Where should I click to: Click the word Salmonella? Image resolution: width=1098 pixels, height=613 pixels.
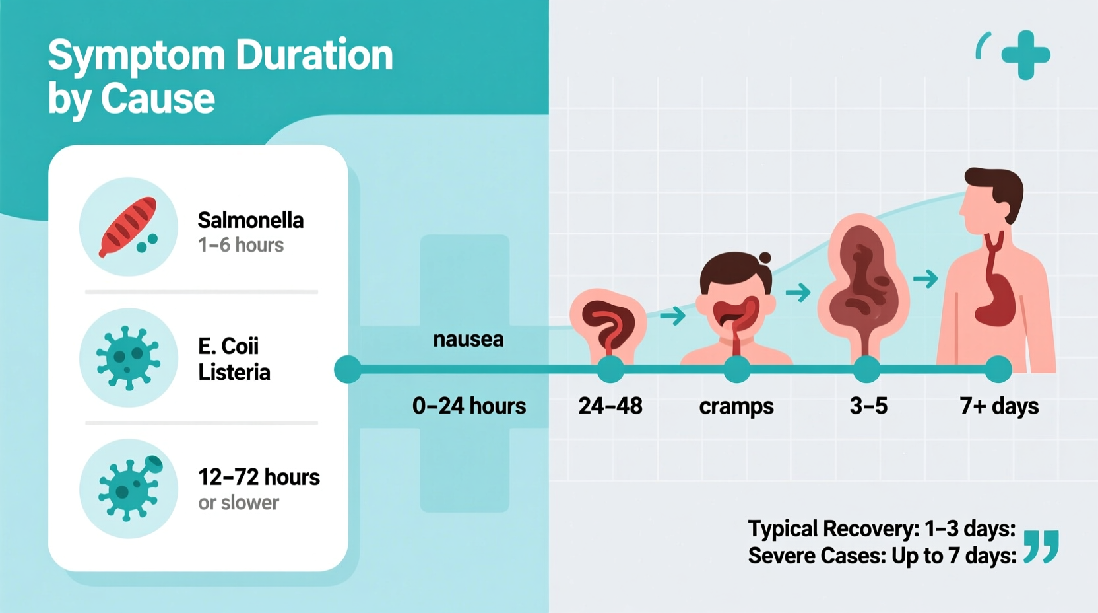coord(251,220)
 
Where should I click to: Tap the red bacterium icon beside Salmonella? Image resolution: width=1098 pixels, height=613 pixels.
coord(127,226)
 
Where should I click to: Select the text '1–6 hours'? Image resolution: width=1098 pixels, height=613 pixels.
coord(241,245)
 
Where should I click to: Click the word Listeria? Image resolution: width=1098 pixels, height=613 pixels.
coord(234,372)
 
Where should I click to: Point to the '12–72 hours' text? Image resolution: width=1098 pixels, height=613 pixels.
coord(259,477)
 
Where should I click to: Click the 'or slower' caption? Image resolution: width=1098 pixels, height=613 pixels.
coord(238,503)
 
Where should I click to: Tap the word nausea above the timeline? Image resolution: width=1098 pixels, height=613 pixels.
coord(468,340)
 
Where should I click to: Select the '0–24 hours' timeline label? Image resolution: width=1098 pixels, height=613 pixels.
coord(469,406)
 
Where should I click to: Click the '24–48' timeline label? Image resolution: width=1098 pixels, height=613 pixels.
coord(610,406)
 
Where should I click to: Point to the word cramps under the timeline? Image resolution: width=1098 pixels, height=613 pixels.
coord(736,406)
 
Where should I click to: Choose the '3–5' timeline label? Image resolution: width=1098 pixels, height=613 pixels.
coord(868,406)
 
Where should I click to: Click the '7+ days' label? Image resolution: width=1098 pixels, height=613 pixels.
coord(999,406)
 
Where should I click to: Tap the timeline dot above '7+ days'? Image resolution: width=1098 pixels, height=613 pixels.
coord(998,369)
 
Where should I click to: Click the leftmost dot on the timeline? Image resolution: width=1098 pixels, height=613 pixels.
coord(348,369)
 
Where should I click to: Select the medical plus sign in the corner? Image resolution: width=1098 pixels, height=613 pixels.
coord(1025,55)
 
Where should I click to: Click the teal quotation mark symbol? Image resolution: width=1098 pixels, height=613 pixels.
coord(1041,546)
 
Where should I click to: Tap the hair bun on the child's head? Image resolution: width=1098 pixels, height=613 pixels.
coord(765,258)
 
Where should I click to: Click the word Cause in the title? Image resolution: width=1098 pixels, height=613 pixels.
coord(158,99)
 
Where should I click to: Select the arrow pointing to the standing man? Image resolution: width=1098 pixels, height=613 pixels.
coord(926,279)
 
